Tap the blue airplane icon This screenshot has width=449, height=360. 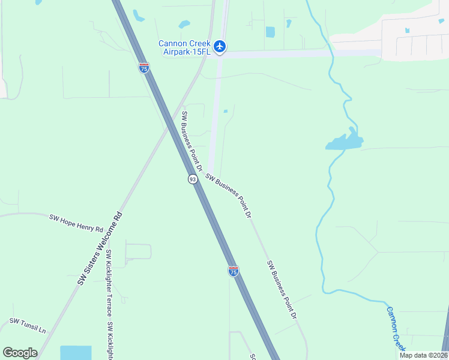tap(220, 46)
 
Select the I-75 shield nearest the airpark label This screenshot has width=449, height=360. tap(143, 68)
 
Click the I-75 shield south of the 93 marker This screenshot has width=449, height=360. tap(234, 271)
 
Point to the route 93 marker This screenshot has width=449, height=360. tap(192, 179)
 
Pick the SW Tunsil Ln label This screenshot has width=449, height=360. tap(27, 326)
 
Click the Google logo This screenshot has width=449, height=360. tap(20, 353)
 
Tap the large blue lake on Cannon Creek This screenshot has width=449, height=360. tap(345, 142)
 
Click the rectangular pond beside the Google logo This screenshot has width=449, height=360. tap(76, 352)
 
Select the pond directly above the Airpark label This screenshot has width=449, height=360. tap(184, 25)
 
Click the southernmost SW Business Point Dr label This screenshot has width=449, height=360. tap(282, 289)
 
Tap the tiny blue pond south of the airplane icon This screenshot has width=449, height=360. tap(225, 111)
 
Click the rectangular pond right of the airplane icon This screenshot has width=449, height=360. tap(270, 32)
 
